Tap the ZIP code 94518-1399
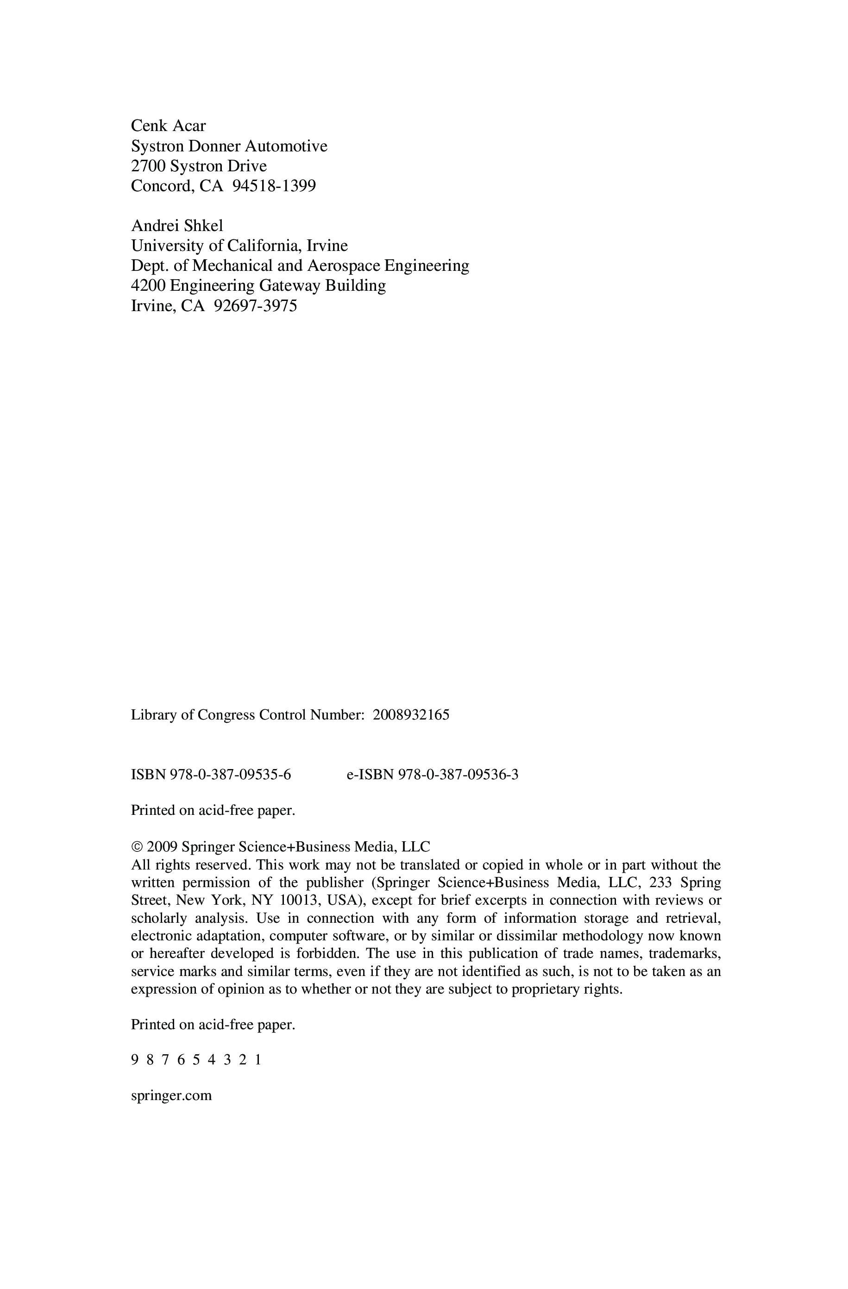point(274,186)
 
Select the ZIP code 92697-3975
point(255,307)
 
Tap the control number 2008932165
point(411,715)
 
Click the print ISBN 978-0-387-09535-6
point(230,775)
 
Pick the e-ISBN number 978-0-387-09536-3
point(458,775)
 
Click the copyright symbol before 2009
point(137,847)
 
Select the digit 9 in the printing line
point(135,1060)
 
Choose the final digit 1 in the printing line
point(258,1060)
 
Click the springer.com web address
point(171,1095)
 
